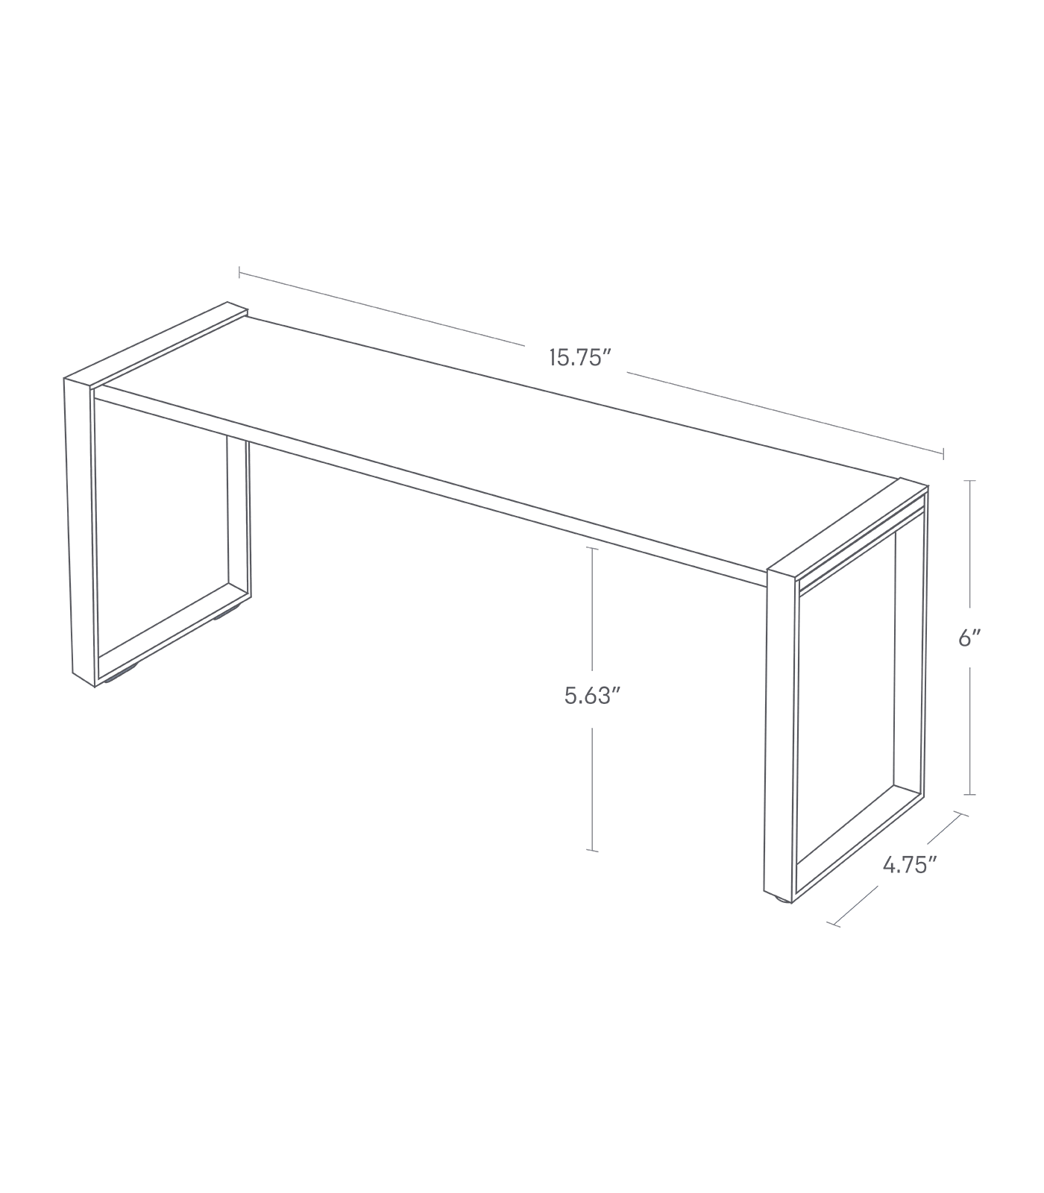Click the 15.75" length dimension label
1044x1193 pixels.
pyautogui.click(x=580, y=359)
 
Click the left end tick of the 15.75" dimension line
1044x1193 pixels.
pyautogui.click(x=239, y=273)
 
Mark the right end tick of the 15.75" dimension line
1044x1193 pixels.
pyautogui.click(x=944, y=453)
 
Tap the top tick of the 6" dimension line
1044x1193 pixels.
pyautogui.click(x=969, y=482)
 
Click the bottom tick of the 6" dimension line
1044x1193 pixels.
pyautogui.click(x=969, y=795)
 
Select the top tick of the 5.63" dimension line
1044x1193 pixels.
pyautogui.click(x=593, y=548)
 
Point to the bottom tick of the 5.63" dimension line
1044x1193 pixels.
pyautogui.click(x=593, y=850)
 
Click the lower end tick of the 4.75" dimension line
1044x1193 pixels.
pyautogui.click(x=834, y=924)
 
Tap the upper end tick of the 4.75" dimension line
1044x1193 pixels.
pyautogui.click(x=961, y=815)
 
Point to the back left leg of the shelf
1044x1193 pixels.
pyautogui.click(x=237, y=522)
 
